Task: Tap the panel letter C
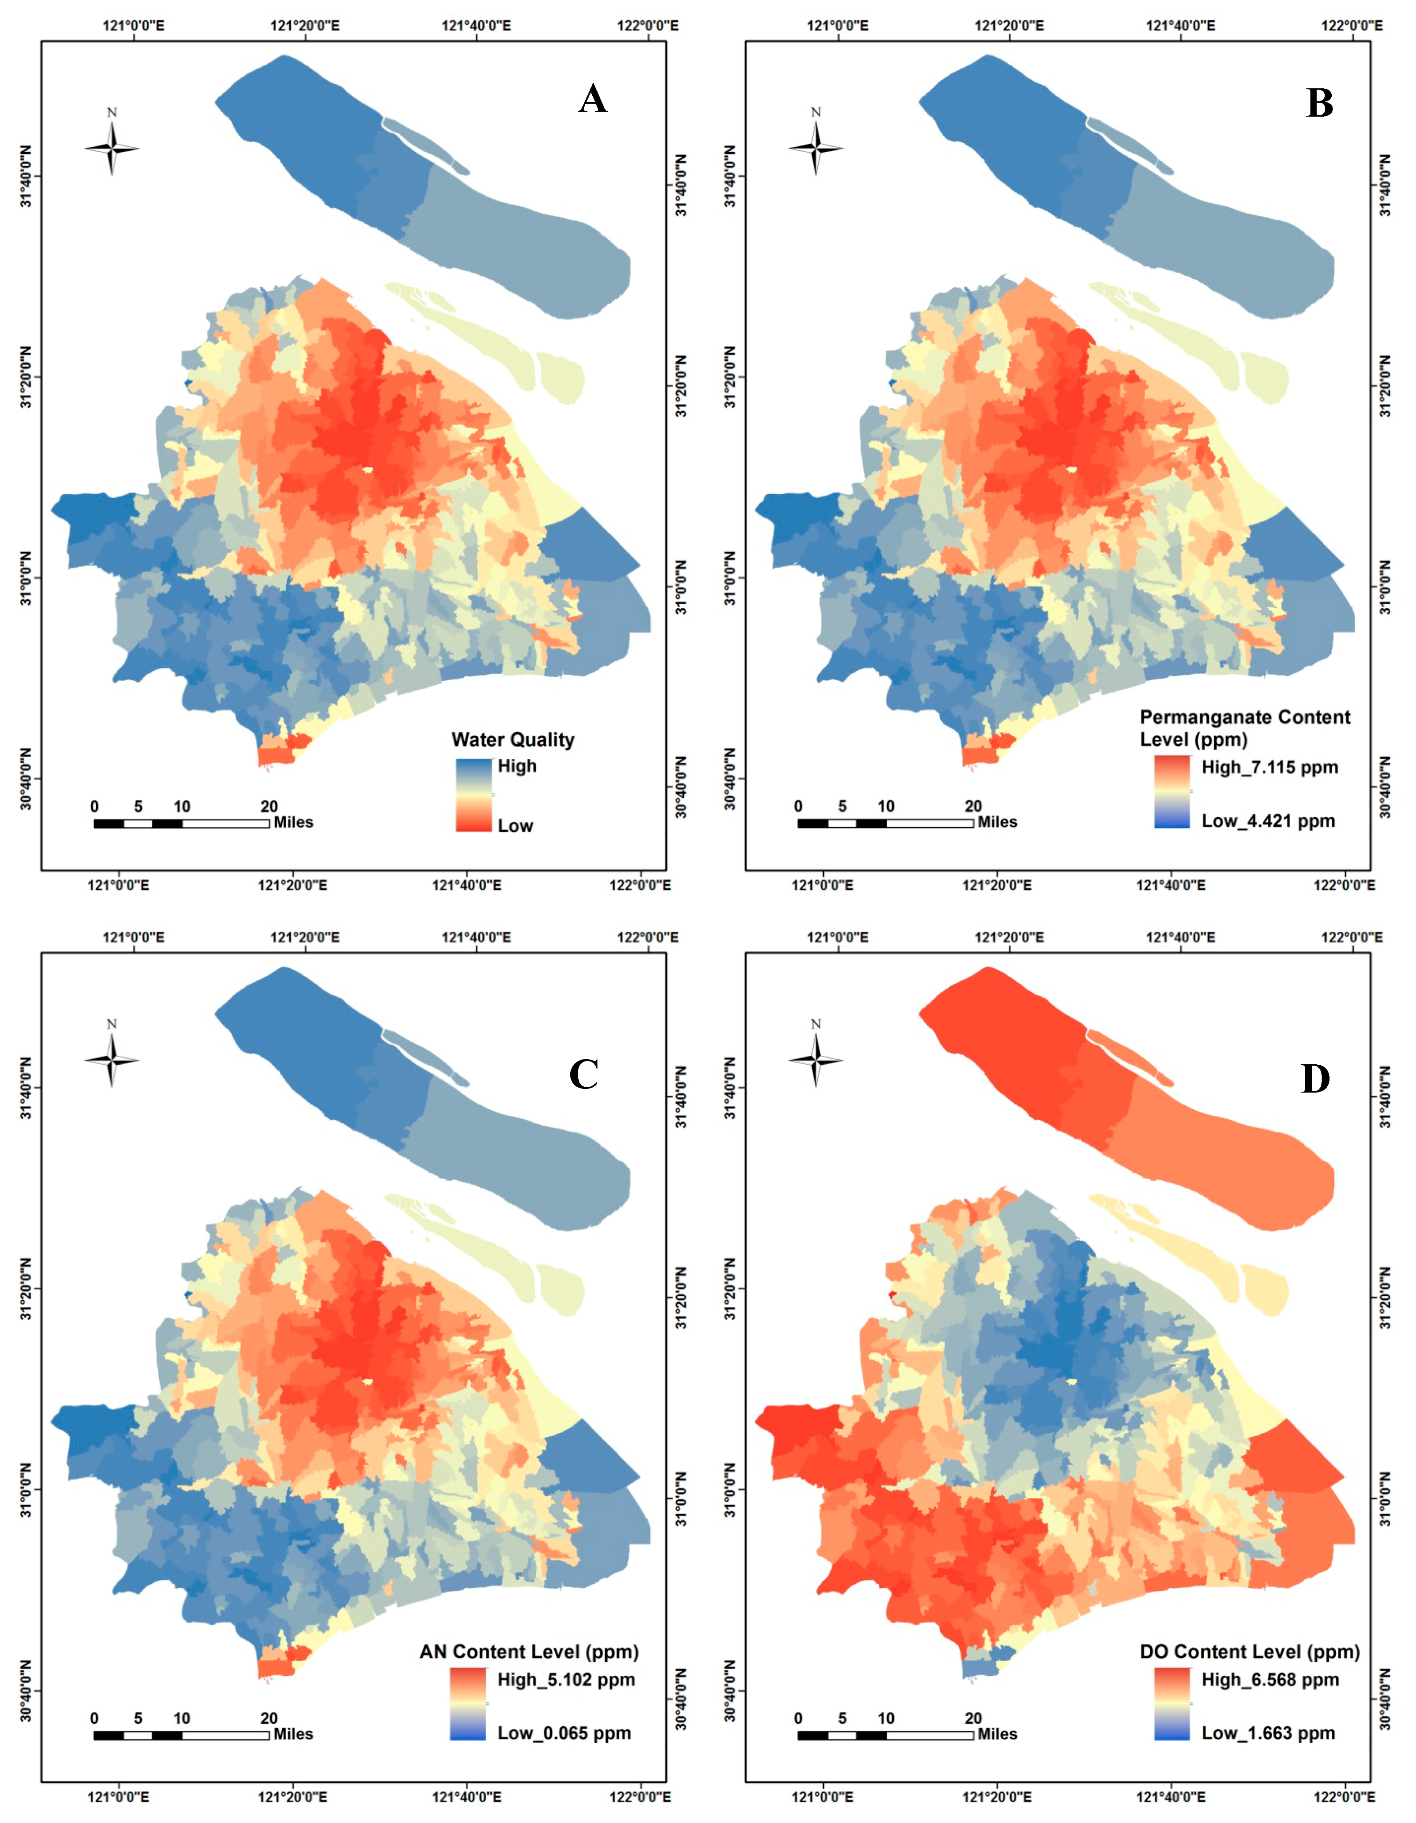(584, 1074)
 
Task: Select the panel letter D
(1315, 1079)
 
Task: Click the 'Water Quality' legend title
(512, 740)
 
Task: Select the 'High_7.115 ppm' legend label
(1269, 767)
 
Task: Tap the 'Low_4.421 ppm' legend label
(1268, 821)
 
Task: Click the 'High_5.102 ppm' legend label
(565, 1679)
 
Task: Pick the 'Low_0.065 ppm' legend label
(564, 1734)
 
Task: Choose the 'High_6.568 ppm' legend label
(1269, 1679)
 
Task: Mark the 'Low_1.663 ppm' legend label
(1268, 1734)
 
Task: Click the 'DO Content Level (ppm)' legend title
(1249, 1652)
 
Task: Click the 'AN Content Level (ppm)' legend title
(528, 1652)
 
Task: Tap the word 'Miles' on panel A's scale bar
(293, 822)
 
